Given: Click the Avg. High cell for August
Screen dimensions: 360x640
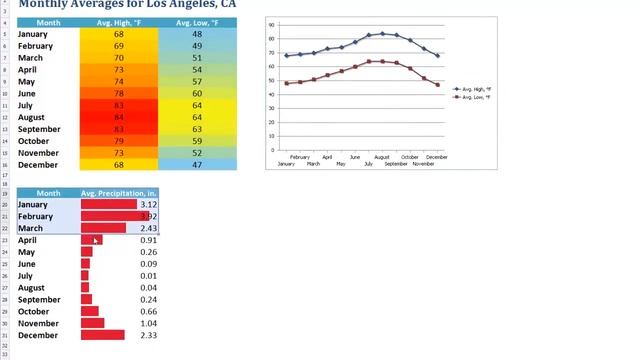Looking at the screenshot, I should tap(118, 117).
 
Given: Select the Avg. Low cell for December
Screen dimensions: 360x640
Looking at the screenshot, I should tap(197, 165).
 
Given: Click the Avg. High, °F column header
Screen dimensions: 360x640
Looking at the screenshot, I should tap(118, 22).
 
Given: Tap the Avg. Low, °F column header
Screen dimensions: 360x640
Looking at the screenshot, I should tap(197, 22).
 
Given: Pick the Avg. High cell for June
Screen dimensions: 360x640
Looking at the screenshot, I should tap(118, 93).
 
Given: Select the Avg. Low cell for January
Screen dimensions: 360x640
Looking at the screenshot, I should tap(197, 34).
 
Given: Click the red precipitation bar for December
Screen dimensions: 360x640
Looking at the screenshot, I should tap(102, 335).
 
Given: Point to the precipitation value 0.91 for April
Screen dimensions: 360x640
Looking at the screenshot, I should tap(148, 240).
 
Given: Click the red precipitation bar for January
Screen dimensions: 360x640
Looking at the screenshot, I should tap(108, 204).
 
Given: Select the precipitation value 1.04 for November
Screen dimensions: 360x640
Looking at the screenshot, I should tap(148, 323).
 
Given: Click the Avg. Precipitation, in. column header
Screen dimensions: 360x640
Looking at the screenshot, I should tap(119, 193).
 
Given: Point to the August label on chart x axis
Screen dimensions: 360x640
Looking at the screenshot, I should tap(381, 157).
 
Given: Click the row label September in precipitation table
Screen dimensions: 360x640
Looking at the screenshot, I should tap(39, 299).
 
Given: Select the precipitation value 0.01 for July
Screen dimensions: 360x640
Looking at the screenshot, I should tap(148, 275).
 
